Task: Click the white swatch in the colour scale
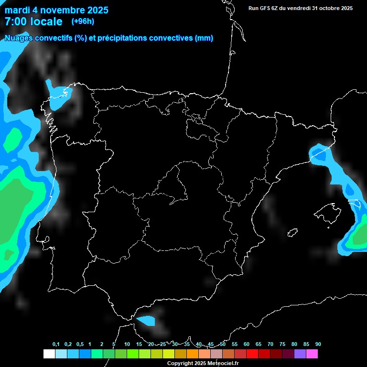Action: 49,354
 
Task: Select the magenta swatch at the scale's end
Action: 312,354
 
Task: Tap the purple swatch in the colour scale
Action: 300,354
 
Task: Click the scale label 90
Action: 318,344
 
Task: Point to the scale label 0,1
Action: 56,344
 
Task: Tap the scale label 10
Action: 127,344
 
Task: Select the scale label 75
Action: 282,344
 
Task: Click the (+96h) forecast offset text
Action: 83,21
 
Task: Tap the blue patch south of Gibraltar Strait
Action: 146,320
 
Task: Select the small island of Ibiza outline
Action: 292,233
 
